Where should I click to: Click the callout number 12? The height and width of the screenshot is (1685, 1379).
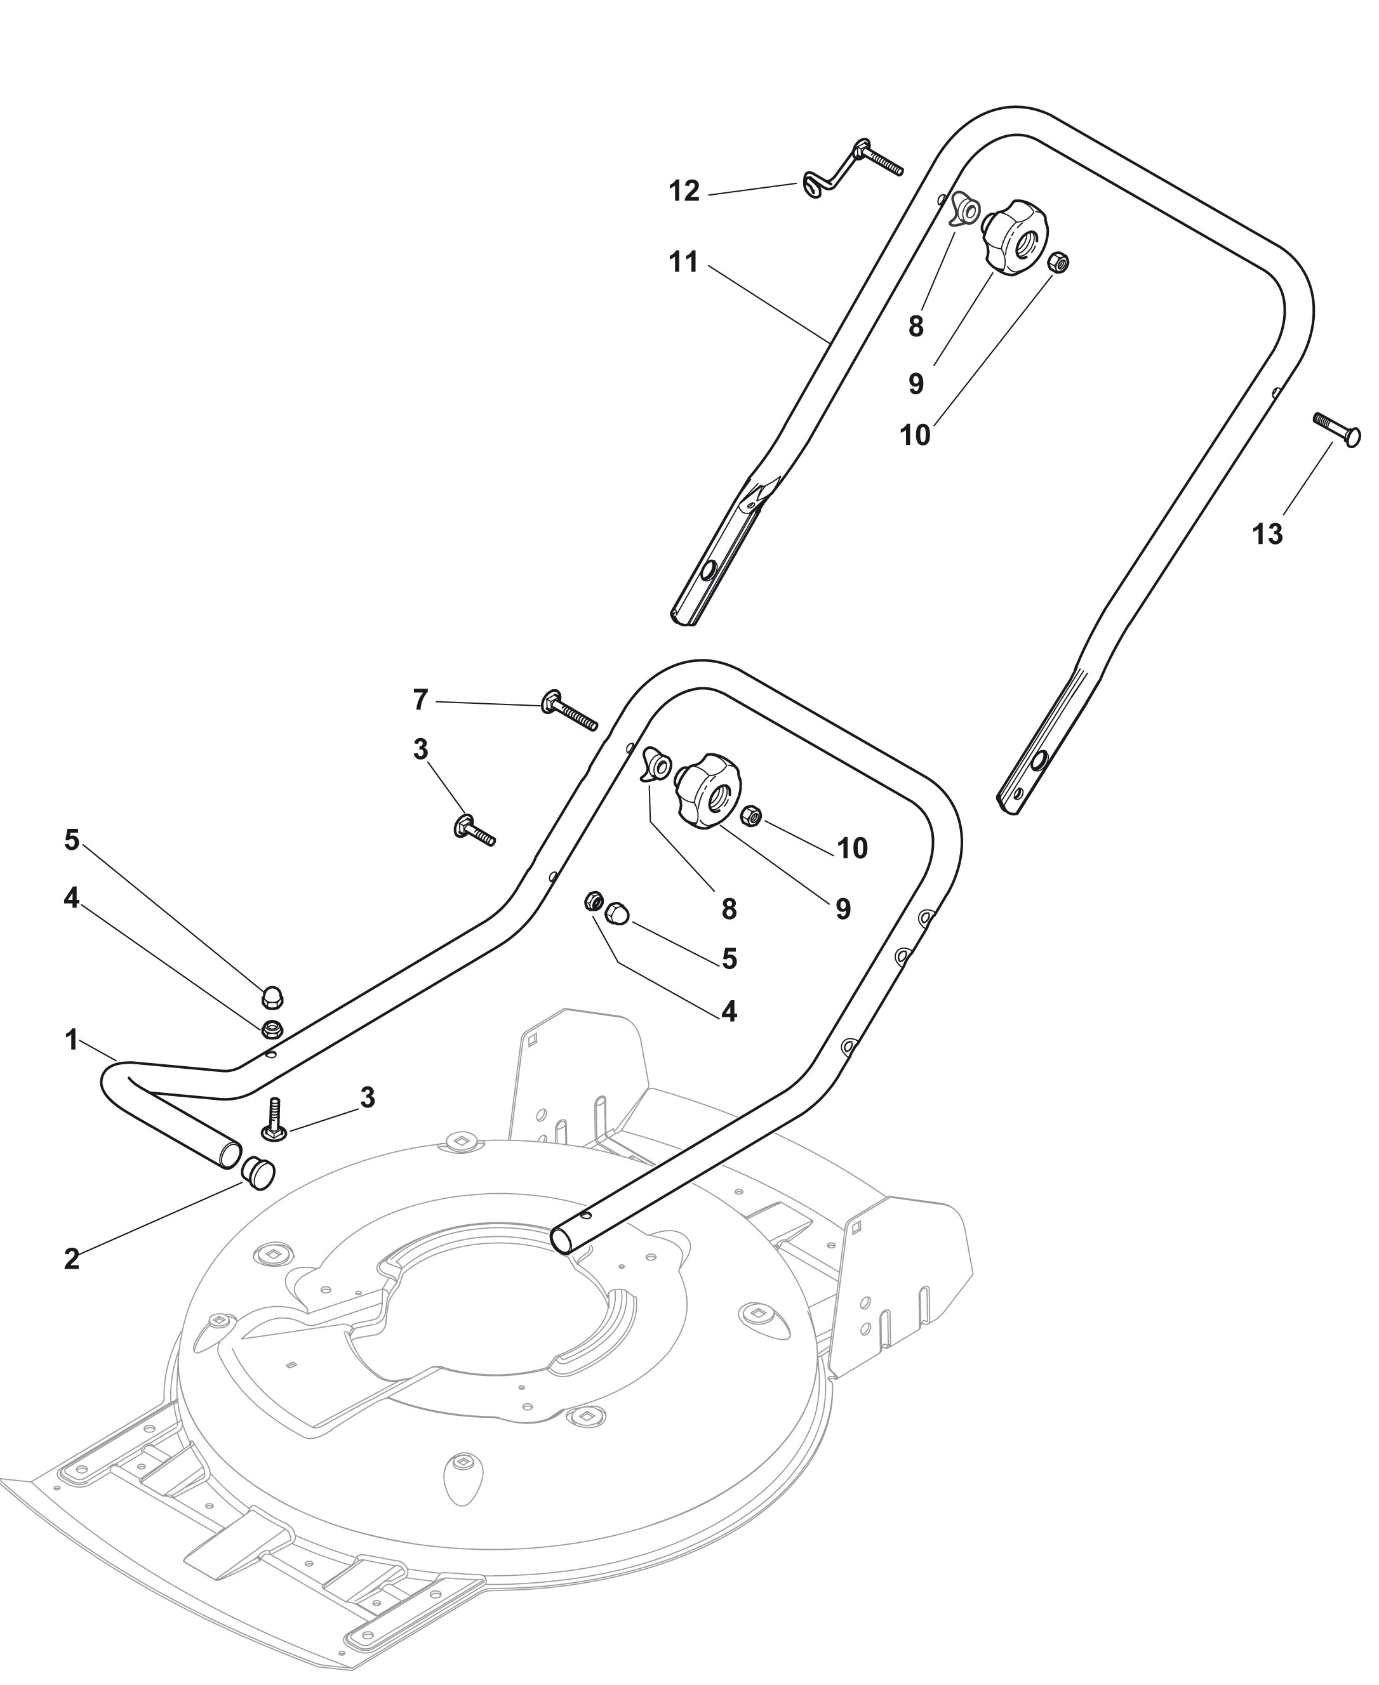coord(684,192)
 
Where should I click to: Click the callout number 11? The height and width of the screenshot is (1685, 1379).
coord(683,262)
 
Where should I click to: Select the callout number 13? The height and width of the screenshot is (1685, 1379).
coord(1267,534)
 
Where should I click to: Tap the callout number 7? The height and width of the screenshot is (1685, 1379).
coord(420,699)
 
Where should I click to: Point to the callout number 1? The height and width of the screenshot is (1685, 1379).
coord(72,1040)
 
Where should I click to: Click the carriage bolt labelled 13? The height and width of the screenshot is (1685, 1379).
coord(1337,429)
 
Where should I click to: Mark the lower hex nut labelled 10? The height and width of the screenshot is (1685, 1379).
coord(752,815)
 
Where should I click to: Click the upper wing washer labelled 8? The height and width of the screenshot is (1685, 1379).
coord(965,209)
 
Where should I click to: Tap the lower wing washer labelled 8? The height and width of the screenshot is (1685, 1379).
coord(656,765)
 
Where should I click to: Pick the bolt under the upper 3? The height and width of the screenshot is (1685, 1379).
coord(474,831)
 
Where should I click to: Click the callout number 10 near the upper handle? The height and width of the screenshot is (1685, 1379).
coord(914,435)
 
